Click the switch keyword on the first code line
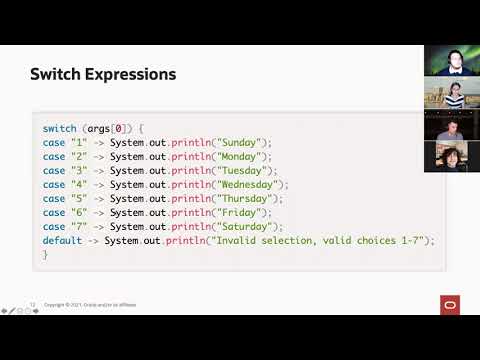(x=59, y=129)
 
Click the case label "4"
(x=79, y=185)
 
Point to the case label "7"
(x=79, y=227)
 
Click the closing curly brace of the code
(x=45, y=255)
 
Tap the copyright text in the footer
(x=90, y=305)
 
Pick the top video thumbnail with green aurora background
(x=449, y=60)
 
